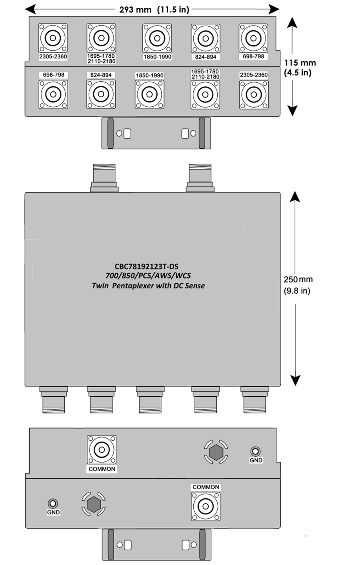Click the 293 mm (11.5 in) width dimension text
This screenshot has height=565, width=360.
tap(154, 9)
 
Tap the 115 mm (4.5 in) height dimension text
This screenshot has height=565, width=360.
tap(300, 67)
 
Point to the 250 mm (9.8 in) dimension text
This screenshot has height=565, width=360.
tap(298, 285)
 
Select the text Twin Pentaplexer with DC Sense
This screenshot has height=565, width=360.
tap(148, 286)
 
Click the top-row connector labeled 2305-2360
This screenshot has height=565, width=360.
tap(53, 38)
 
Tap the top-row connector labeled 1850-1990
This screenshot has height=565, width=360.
tap(157, 38)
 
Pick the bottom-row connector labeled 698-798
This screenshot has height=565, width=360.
tap(53, 94)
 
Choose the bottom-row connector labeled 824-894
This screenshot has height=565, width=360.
tap(101, 94)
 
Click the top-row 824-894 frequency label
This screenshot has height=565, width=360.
tap(205, 57)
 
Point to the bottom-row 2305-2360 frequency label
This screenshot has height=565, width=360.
tap(254, 75)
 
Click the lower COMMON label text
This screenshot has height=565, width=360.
tap(206, 487)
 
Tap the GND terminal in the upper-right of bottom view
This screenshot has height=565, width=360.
tap(256, 451)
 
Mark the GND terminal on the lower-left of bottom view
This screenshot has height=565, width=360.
tap(53, 503)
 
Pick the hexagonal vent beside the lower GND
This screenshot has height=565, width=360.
tap(94, 503)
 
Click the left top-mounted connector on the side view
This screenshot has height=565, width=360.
tap(104, 178)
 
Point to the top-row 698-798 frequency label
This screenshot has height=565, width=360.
tap(253, 56)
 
